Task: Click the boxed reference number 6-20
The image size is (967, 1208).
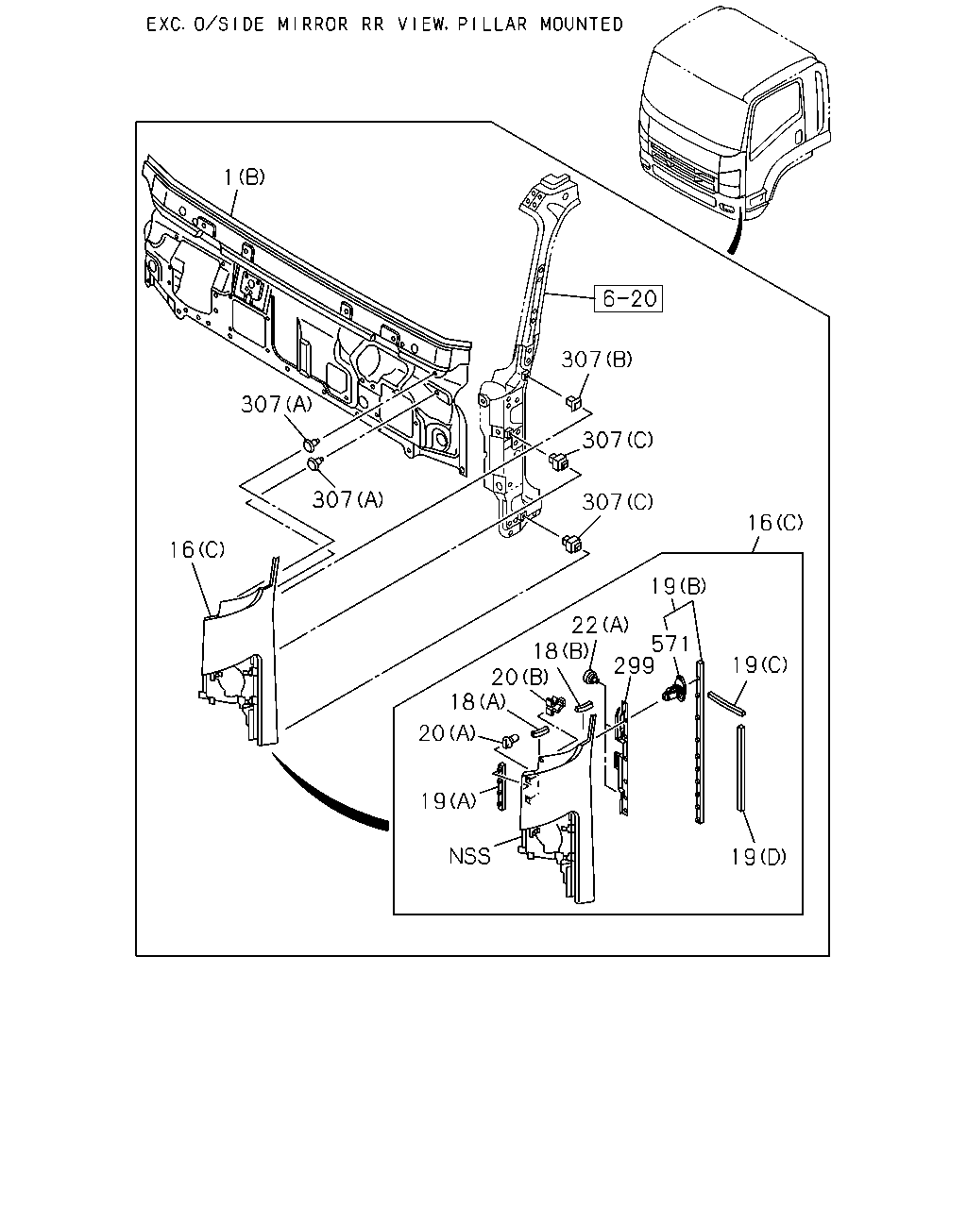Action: [628, 298]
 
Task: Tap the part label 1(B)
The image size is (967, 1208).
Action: [245, 176]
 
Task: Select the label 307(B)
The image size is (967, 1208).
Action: [597, 360]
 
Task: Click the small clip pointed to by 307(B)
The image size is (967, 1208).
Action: [573, 402]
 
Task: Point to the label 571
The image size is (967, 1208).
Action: [670, 644]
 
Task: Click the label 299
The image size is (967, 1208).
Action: [634, 665]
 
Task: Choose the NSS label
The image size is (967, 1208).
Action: [469, 856]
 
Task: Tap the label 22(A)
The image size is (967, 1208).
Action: [600, 624]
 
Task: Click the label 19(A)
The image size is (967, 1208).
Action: [449, 801]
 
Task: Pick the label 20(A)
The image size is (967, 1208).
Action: [448, 733]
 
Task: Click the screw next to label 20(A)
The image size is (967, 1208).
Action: [510, 741]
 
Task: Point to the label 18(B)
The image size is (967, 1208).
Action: [561, 650]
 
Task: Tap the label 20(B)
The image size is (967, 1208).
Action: [520, 678]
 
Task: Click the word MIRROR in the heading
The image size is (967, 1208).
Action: [313, 25]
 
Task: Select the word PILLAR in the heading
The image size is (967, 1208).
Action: [493, 25]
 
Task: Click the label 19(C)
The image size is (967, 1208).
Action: [760, 665]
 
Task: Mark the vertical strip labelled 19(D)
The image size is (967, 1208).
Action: [741, 767]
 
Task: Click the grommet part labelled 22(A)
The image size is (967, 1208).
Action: [590, 676]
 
